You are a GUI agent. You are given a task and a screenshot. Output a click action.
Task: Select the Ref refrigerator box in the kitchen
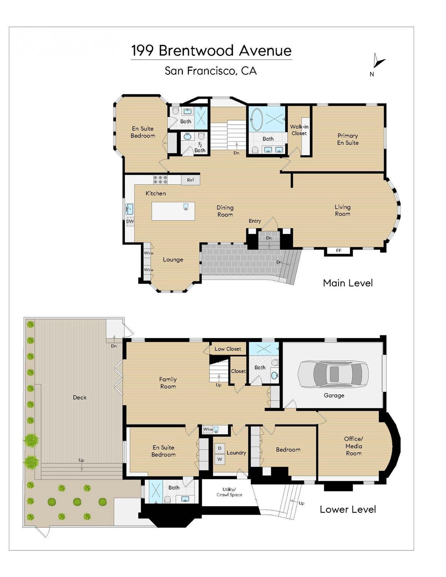[190, 180]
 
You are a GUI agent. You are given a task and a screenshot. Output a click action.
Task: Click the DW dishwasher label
[130, 221]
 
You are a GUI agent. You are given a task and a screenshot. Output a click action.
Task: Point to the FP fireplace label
[339, 251]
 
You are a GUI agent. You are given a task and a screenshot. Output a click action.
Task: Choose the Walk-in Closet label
[299, 130]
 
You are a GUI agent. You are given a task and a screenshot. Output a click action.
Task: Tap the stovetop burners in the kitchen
[160, 179]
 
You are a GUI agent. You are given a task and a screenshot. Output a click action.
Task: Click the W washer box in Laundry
[220, 459]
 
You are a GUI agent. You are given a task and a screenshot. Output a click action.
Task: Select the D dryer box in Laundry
[220, 448]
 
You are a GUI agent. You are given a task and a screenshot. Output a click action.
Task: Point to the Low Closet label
[228, 349]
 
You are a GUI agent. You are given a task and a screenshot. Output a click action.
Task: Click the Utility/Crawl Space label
[229, 492]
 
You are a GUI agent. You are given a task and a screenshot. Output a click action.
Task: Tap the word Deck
[80, 397]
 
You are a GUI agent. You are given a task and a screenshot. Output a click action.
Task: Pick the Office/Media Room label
[354, 446]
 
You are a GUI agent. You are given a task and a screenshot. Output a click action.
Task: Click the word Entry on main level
[255, 221]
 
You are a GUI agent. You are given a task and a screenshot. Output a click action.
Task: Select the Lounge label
[173, 260]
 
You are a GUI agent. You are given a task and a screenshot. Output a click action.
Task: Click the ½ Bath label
[200, 148]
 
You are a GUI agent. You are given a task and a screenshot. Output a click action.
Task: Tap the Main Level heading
[348, 283]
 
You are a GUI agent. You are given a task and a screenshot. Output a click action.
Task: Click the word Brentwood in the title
[196, 50]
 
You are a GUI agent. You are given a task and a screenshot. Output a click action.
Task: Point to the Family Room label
[168, 383]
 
